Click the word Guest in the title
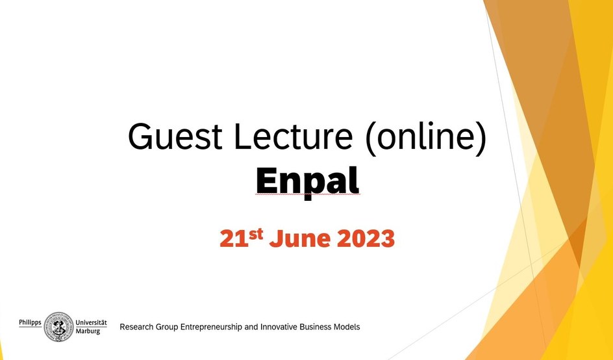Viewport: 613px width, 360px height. pyautogui.click(x=175, y=136)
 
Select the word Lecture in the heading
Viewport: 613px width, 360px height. pyautogui.click(x=294, y=136)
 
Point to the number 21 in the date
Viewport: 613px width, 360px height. pyautogui.click(x=234, y=238)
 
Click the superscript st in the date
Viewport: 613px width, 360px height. pyautogui.click(x=256, y=234)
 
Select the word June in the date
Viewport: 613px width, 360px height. pyautogui.click(x=300, y=238)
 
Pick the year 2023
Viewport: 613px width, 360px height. pyautogui.click(x=365, y=238)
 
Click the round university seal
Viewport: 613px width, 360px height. pyautogui.click(x=58, y=327)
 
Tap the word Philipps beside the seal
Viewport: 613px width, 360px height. pyautogui.click(x=30, y=323)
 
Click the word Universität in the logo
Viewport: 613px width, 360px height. pyautogui.click(x=91, y=323)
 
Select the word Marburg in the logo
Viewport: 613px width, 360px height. pyautogui.click(x=88, y=331)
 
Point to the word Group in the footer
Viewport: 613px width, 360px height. pyautogui.click(x=167, y=327)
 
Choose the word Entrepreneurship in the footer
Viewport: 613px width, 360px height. pyautogui.click(x=212, y=327)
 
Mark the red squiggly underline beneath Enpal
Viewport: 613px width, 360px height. pyautogui.click(x=308, y=194)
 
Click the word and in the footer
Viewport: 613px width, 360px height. pyautogui.click(x=251, y=327)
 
